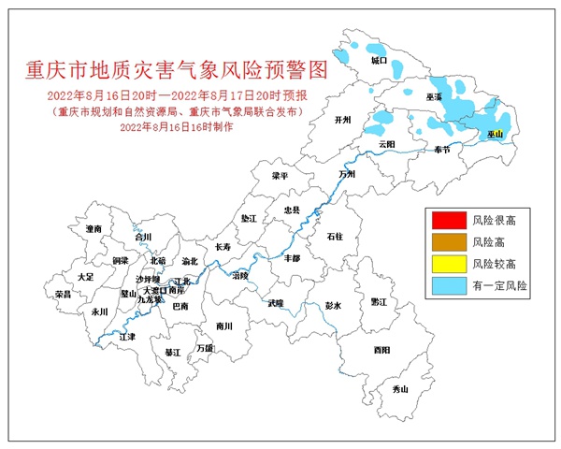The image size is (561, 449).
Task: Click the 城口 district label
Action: (379, 60)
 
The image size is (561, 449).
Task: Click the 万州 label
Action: (348, 174)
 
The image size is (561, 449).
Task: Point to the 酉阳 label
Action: (381, 350)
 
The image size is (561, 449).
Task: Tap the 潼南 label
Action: (93, 228)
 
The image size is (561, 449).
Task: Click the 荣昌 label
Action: (63, 294)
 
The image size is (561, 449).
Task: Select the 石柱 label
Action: (335, 238)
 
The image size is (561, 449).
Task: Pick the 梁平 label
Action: (280, 175)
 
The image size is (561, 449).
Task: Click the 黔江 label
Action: (378, 302)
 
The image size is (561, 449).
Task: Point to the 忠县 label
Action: (293, 211)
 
